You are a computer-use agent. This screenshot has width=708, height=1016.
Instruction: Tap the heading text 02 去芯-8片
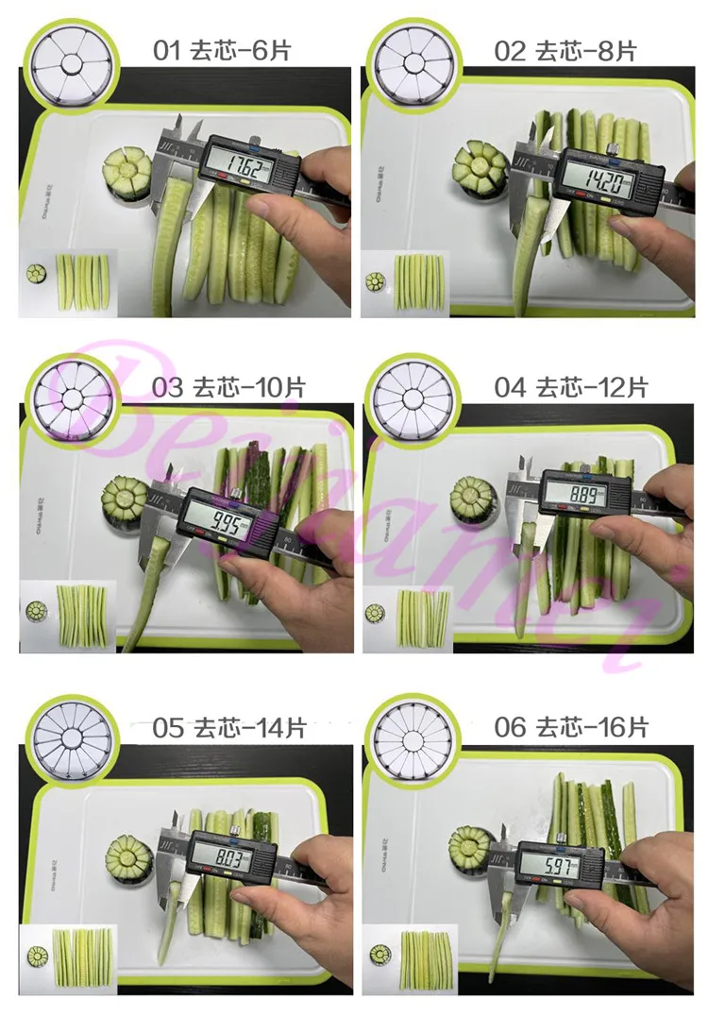(x=565, y=50)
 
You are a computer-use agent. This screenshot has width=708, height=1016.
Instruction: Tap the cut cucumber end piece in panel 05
(x=128, y=856)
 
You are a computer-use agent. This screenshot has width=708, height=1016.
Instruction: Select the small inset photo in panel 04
(x=410, y=618)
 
